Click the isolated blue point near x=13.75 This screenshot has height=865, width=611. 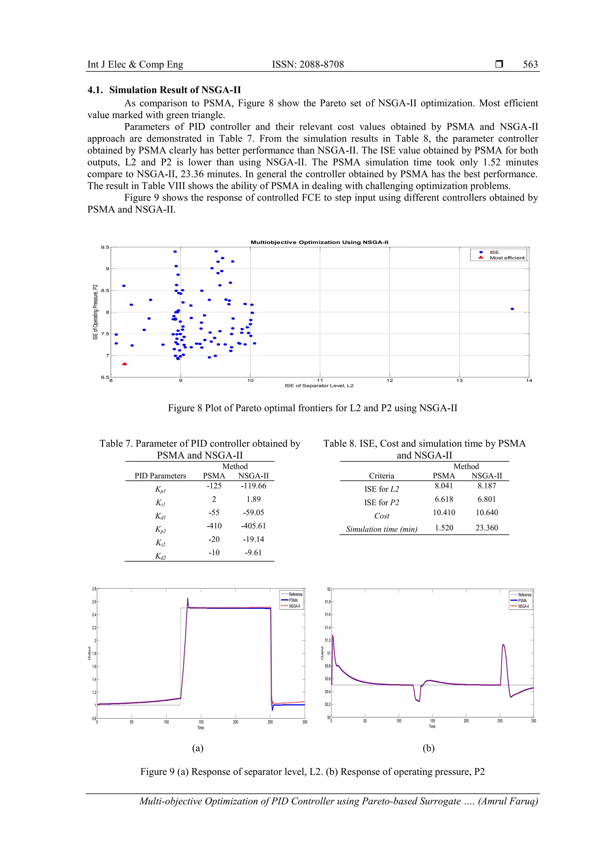512,309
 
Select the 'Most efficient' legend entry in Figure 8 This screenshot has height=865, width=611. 507,258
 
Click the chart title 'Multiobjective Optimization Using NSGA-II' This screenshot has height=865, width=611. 319,242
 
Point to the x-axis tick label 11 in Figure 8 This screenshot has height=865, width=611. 320,380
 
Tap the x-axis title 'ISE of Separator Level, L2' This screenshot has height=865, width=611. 319,385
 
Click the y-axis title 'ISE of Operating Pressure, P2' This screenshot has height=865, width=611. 95,312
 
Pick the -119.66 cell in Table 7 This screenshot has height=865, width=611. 253,486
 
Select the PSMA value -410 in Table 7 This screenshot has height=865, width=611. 214,526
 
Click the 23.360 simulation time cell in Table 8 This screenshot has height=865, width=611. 486,528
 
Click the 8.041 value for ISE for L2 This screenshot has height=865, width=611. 444,486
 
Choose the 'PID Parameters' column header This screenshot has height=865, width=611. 161,476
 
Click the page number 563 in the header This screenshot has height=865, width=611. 530,64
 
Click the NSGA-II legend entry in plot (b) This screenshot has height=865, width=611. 523,606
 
